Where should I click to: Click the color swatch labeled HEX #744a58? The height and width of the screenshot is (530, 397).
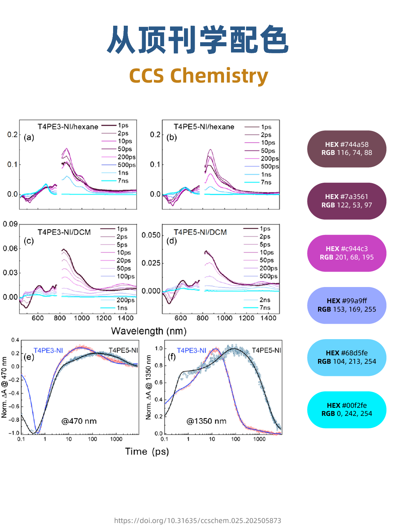point(346,149)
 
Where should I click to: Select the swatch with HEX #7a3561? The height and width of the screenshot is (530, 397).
point(346,201)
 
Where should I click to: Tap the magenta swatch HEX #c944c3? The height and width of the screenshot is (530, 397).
point(346,253)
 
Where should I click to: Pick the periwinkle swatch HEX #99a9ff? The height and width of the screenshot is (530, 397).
point(346,305)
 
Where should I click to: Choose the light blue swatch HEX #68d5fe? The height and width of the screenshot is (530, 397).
point(346,357)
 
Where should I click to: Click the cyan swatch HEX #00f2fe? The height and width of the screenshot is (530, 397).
point(346,410)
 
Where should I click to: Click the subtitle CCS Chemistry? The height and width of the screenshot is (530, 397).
point(198,76)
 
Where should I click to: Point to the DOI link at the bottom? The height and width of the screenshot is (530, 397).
point(198,520)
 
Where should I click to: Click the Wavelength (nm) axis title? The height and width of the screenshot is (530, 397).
point(149,331)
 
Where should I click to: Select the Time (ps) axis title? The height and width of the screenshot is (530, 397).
point(147,451)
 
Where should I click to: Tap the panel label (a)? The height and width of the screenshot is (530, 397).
point(29,138)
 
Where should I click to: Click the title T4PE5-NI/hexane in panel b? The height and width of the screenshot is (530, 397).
point(204,127)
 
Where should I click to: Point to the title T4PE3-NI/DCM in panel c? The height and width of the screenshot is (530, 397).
point(64,232)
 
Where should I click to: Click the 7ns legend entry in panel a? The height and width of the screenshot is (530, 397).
point(123,181)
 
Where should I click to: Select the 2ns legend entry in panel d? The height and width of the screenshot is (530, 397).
point(264,300)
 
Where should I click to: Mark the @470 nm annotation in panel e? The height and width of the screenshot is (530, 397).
point(79,421)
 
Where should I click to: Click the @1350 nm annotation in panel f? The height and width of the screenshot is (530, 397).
point(206,421)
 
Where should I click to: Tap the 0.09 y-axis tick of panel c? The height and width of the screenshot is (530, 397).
point(10,224)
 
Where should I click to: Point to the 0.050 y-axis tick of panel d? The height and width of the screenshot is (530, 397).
point(151,235)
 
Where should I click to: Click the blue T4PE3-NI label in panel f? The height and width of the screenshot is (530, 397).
point(191,351)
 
